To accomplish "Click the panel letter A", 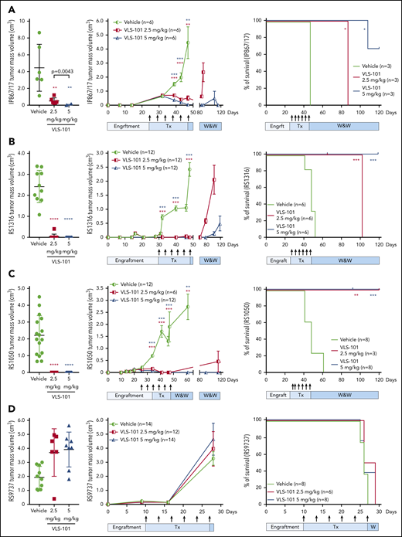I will point(6,6).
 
